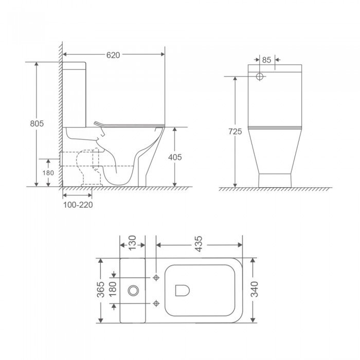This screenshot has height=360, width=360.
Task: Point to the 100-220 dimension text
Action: coord(77,204)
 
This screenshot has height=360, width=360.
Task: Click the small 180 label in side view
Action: coord(48,173)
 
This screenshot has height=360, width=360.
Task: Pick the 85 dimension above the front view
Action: coord(266,60)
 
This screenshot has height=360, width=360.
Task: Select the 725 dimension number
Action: coord(235,132)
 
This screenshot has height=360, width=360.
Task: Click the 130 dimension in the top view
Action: coord(132,241)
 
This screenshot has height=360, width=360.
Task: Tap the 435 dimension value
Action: coord(199,241)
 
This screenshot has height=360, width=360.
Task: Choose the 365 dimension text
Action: coord(101,290)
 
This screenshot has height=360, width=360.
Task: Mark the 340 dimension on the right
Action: coord(253,290)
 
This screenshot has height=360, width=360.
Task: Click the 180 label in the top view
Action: coord(114,290)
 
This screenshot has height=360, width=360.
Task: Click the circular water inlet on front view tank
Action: coord(260,77)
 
